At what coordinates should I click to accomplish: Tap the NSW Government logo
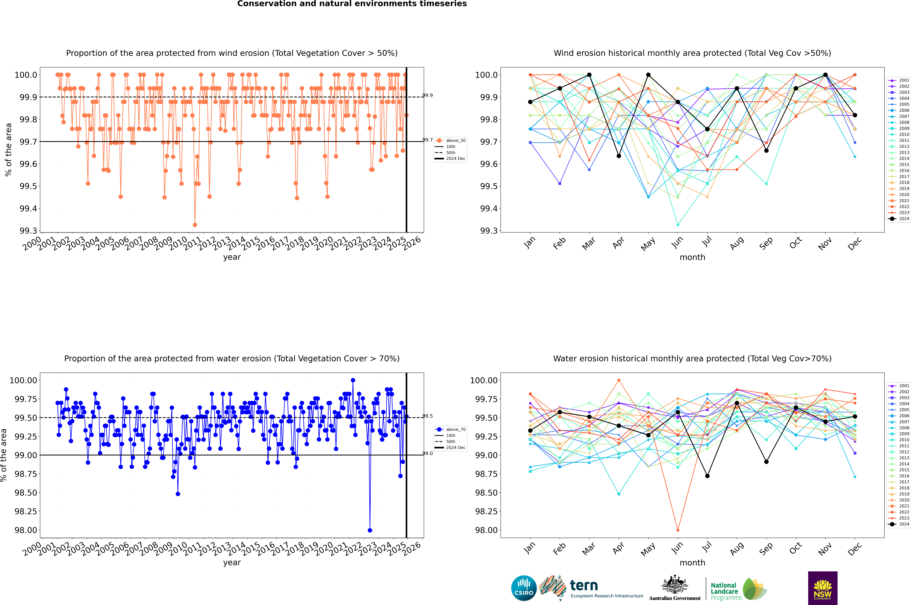point(823,588)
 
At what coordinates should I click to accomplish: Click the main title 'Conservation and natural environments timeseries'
point(352,4)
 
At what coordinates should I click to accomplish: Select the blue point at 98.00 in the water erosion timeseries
point(370,530)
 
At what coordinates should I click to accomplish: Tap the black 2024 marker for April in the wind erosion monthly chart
point(619,156)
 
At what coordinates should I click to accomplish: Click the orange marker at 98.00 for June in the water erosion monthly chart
point(678,530)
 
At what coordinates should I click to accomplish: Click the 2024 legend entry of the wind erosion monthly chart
point(899,219)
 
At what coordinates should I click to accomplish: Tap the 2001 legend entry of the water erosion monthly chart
point(899,386)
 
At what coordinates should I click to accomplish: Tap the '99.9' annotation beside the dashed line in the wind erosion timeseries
point(428,95)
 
